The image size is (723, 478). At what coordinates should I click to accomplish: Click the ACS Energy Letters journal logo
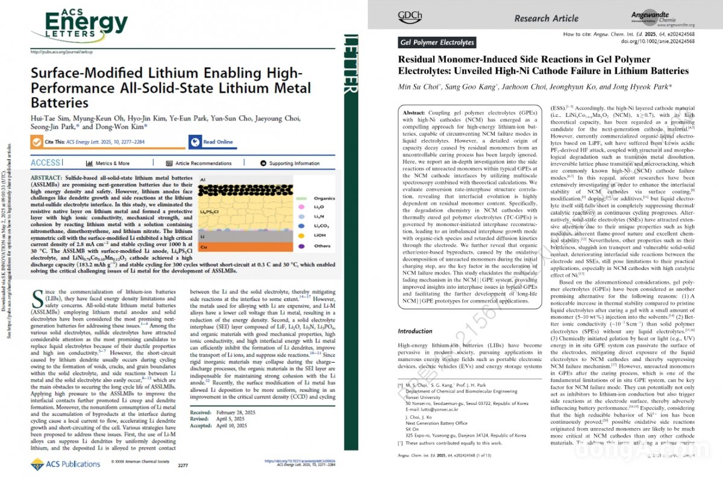click(x=78, y=22)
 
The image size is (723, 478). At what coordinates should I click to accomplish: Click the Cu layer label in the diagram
click(x=204, y=247)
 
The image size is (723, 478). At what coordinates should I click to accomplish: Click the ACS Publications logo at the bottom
click(x=65, y=464)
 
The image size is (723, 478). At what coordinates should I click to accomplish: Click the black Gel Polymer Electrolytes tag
click(x=437, y=42)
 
